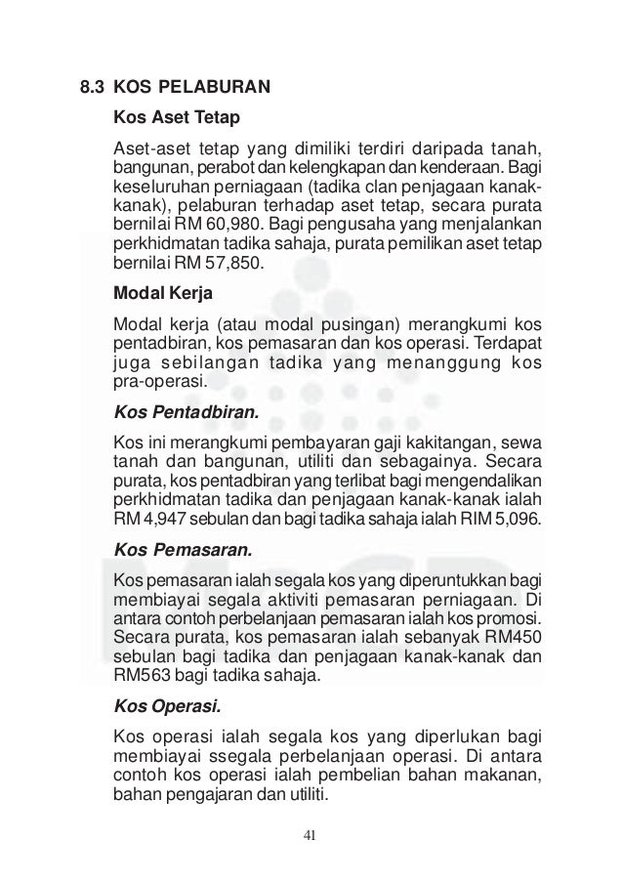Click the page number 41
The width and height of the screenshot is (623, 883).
tap(311, 834)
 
